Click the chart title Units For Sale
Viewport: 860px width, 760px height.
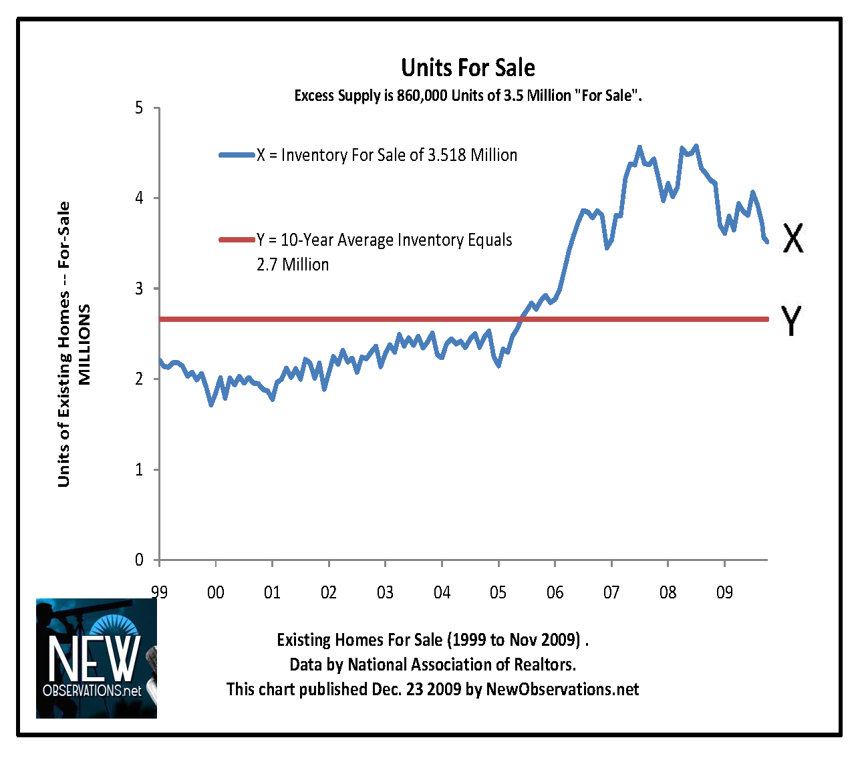pyautogui.click(x=468, y=68)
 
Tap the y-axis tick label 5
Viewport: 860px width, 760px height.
pyautogui.click(x=139, y=108)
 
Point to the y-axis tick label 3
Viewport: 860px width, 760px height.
pyautogui.click(x=139, y=289)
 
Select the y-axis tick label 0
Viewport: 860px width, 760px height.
pyautogui.click(x=139, y=560)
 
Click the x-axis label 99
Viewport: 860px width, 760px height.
pyautogui.click(x=159, y=592)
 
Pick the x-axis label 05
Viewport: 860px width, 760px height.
pyautogui.click(x=498, y=592)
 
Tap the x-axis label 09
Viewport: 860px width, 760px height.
pyautogui.click(x=724, y=592)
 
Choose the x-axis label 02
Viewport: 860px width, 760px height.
pyautogui.click(x=329, y=592)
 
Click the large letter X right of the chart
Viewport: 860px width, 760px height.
pyautogui.click(x=793, y=238)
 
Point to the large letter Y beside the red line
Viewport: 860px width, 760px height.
pyautogui.click(x=791, y=321)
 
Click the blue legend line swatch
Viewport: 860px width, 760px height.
pyautogui.click(x=237, y=156)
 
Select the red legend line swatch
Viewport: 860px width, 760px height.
pyautogui.click(x=237, y=240)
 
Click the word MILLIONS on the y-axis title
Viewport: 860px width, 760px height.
pyautogui.click(x=84, y=345)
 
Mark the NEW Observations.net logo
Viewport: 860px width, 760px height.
pyautogui.click(x=96, y=658)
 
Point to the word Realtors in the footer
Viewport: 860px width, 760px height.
pyautogui.click(x=544, y=664)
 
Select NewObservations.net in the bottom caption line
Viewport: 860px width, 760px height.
pyautogui.click(x=562, y=689)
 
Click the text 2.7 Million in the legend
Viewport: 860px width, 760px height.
pyautogui.click(x=293, y=265)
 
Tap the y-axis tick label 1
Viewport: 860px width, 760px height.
pyautogui.click(x=139, y=470)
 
